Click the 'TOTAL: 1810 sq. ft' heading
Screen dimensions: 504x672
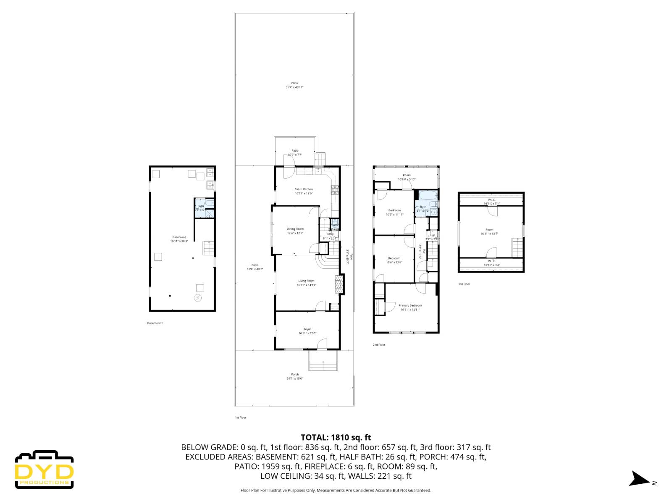pyautogui.click(x=336, y=438)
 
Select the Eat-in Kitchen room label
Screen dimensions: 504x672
pyautogui.click(x=304, y=192)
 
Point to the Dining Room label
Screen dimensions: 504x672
pyautogui.click(x=295, y=231)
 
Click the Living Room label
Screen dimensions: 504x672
pyautogui.click(x=306, y=283)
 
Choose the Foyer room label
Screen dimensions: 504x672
pyautogui.click(x=307, y=331)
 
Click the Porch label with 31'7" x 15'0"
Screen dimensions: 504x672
pyautogui.click(x=295, y=376)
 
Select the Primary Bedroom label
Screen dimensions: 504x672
pyautogui.click(x=410, y=307)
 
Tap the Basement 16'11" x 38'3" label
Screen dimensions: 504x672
pyautogui.click(x=179, y=239)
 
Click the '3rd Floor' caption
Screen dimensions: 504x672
pyautogui.click(x=464, y=284)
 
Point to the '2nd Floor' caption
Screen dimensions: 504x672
pyautogui.click(x=379, y=345)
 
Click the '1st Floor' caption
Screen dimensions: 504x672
pyautogui.click(x=241, y=418)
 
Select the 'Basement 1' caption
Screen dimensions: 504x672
pyautogui.click(x=155, y=323)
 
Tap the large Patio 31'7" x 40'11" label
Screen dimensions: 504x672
pyautogui.click(x=294, y=85)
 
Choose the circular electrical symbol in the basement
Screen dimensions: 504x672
pyautogui.click(x=197, y=298)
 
